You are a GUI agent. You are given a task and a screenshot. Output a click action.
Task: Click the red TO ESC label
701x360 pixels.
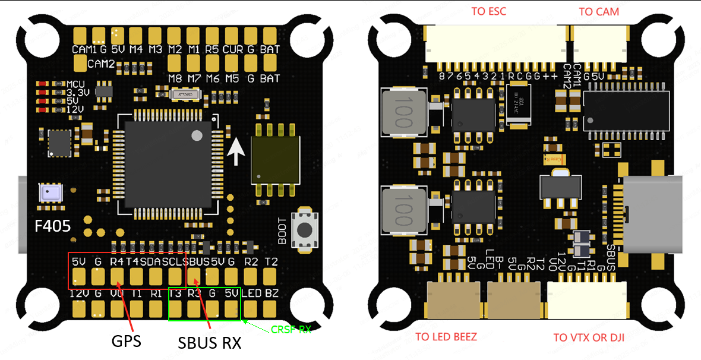pos(488,11)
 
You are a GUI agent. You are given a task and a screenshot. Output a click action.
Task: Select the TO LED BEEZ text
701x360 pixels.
pos(446,337)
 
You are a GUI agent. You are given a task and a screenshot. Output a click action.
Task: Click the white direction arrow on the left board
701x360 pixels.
pos(236,151)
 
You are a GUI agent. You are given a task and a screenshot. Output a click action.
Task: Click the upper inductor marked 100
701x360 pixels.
pos(404,113)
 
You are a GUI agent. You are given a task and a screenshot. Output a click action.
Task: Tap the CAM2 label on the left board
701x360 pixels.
pos(101,64)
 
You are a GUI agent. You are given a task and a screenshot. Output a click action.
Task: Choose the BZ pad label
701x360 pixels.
pos(272,293)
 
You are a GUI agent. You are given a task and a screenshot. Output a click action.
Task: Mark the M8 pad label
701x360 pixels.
pos(175,78)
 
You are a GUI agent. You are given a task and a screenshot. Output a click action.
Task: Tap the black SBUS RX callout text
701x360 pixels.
pos(210,343)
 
